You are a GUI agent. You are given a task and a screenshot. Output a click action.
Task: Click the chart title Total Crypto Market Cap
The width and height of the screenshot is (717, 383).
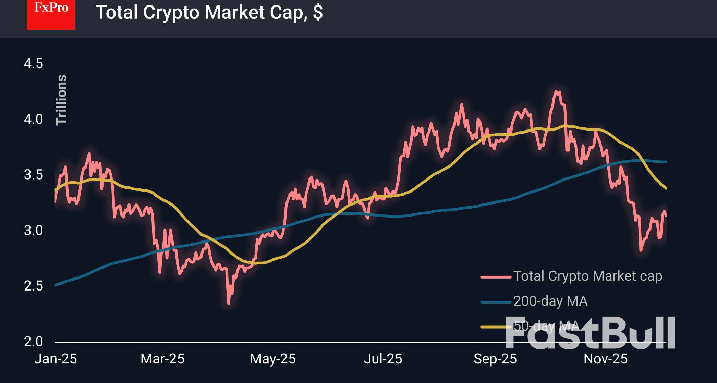209,12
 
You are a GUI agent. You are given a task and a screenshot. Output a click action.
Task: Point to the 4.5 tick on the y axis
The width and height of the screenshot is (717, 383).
33,64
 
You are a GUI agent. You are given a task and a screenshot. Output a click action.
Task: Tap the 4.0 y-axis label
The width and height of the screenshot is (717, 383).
33,119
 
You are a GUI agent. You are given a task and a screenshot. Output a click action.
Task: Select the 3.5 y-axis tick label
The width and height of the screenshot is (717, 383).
33,175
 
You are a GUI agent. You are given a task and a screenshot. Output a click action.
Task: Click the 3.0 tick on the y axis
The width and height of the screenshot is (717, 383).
33,230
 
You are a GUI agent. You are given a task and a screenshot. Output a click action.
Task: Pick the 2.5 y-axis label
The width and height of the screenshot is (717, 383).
33,286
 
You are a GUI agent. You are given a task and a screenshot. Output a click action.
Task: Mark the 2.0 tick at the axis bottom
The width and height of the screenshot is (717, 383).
33,341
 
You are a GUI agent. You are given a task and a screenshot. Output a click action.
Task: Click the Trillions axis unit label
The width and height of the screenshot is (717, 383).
61,100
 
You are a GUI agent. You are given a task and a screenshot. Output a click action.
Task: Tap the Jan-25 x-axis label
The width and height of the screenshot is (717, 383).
56,359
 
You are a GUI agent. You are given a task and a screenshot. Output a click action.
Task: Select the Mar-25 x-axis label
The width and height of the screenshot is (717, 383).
162,359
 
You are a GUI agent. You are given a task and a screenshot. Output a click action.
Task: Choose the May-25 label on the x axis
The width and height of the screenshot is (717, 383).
273,359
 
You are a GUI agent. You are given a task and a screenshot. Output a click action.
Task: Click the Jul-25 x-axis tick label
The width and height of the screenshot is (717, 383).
383,359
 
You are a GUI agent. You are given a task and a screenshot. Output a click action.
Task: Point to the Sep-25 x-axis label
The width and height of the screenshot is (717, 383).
495,359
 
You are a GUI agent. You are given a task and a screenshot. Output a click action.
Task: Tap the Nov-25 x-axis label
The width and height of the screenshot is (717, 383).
606,359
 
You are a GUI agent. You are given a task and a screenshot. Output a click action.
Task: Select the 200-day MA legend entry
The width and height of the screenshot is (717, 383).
550,301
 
